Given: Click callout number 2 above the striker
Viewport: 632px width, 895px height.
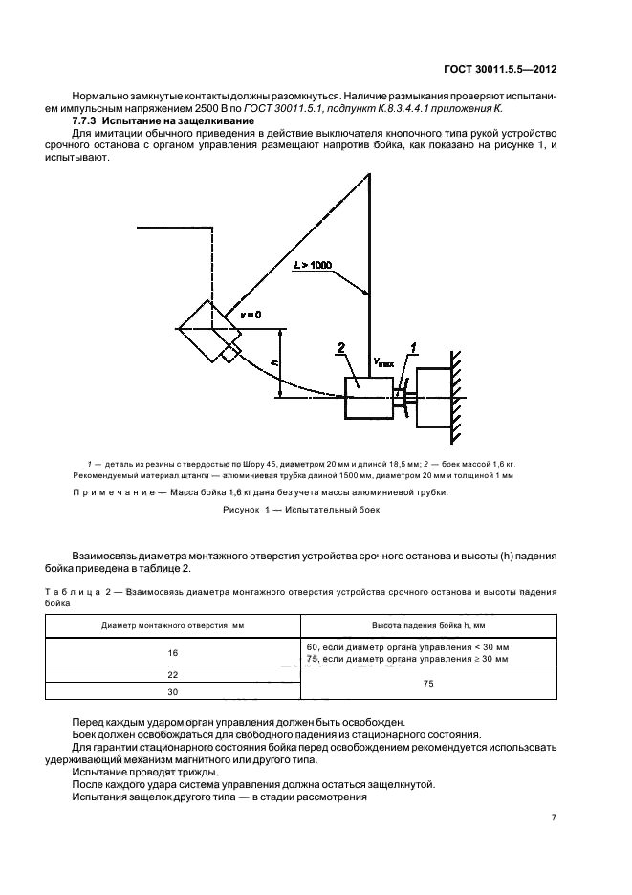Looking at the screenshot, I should click(x=339, y=348).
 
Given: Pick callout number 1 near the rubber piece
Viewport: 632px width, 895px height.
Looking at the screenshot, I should click(x=413, y=348).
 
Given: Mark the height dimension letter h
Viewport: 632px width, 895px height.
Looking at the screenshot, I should click(x=275, y=363).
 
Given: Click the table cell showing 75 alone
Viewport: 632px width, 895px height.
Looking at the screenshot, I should click(x=427, y=683).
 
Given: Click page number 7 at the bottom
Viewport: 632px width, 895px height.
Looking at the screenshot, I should click(x=554, y=818).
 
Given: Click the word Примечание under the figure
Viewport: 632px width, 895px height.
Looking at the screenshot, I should click(x=108, y=492).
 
